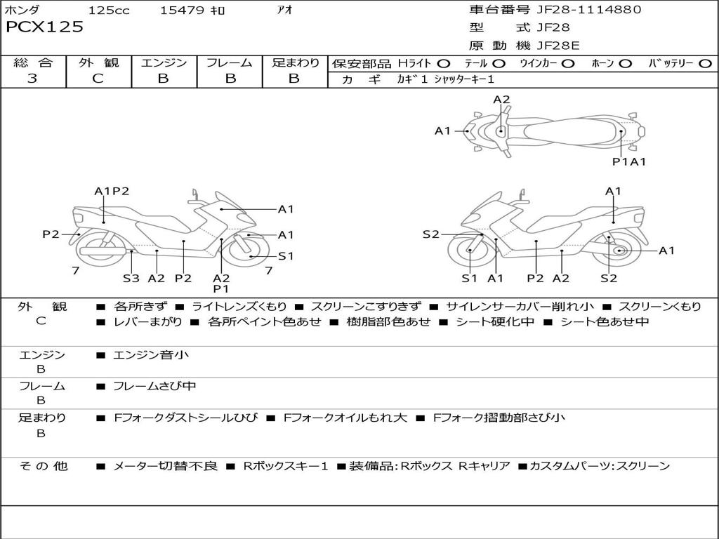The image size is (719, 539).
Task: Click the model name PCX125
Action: click(44, 27)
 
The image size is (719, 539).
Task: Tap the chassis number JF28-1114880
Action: click(579, 10)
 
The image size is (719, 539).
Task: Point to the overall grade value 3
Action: click(32, 79)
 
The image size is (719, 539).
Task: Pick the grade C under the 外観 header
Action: click(98, 79)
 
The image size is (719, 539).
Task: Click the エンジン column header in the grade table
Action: click(164, 63)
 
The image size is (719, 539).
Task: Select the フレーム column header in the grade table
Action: click(230, 63)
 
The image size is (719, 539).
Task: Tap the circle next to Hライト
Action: click(444, 63)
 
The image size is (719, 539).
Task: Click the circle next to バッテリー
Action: click(706, 63)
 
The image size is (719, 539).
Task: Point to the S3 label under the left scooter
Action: click(131, 278)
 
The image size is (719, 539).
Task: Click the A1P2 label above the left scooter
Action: click(112, 191)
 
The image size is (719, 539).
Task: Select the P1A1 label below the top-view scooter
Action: click(628, 161)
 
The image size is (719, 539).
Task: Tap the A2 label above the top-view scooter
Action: click(501, 100)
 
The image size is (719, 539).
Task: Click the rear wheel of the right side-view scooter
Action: click(619, 251)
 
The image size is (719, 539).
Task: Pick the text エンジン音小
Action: click(150, 355)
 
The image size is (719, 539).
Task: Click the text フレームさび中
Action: click(154, 386)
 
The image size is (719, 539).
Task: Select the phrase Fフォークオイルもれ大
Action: click(345, 418)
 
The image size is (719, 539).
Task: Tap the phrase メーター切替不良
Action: click(165, 466)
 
